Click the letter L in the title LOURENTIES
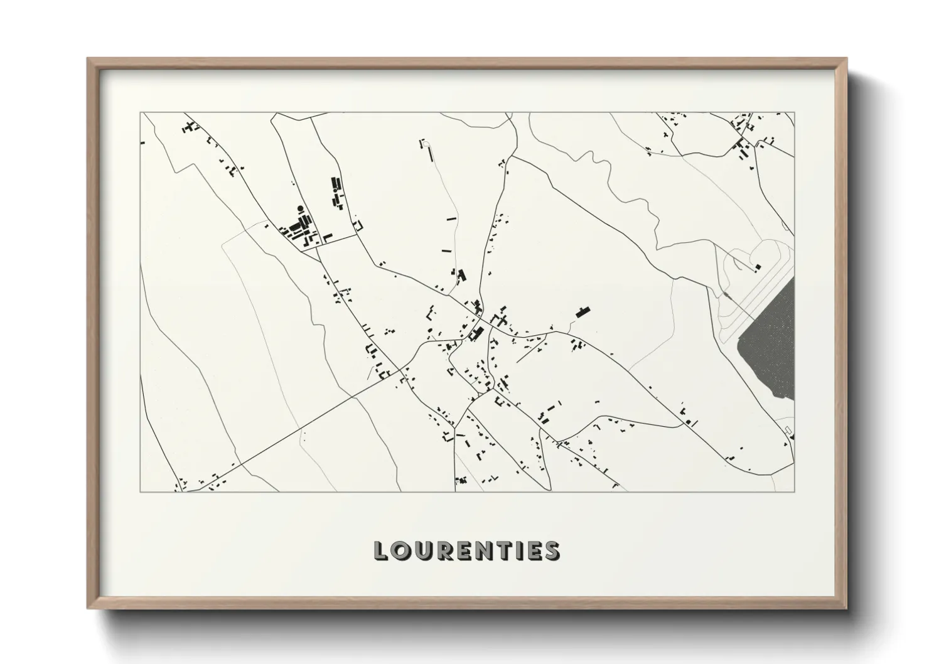[381, 550]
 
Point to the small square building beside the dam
[758, 267]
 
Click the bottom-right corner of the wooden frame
[846, 608]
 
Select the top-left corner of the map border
[141, 113]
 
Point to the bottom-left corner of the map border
[141, 491]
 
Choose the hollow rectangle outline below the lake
[789, 429]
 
